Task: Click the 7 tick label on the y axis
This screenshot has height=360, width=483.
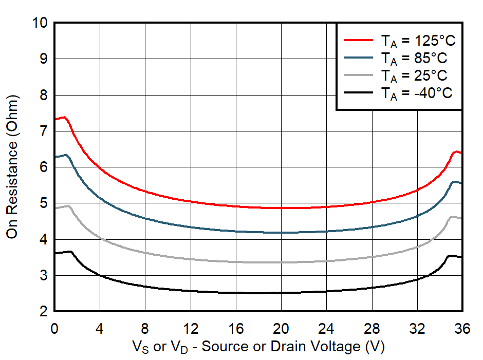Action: point(44,131)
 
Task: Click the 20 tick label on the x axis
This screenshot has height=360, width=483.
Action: point(281,328)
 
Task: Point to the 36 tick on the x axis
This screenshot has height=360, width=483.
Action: point(462,328)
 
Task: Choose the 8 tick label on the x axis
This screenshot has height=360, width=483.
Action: point(145,328)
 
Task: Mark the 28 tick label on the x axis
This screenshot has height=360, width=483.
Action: point(372,328)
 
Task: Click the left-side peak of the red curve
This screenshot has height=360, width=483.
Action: point(64,117)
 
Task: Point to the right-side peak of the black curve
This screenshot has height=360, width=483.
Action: point(450,255)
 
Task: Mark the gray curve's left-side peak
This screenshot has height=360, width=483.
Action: point(67,206)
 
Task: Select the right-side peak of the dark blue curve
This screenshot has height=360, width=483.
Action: point(454,182)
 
